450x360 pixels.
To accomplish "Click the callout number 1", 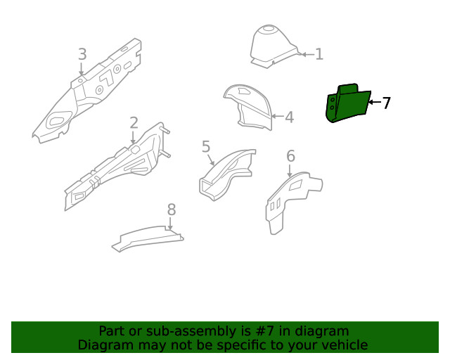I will pos(319,54).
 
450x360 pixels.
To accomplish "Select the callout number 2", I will pos(134,123).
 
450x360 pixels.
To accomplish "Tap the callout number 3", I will pos(82,54).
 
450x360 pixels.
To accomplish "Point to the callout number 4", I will pos(289,117).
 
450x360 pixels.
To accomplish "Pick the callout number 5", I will pos(206,147).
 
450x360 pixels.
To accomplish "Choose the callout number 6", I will pos(290,156).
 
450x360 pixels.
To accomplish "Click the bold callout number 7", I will pos(386,103).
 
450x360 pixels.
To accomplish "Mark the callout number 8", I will pos(171,209).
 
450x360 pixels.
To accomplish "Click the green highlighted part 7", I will pos(346,104).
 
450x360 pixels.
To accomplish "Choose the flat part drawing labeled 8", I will pos(148,238).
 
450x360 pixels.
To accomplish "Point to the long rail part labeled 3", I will pos(88,95).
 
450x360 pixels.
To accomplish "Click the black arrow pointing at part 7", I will pos(374,103).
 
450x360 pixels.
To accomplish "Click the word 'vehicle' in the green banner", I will pos(344,345).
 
